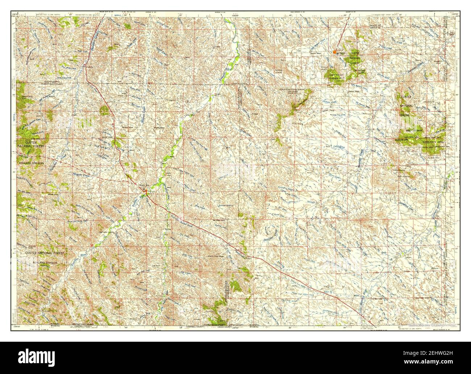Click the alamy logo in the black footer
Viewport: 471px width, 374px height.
[x=36, y=358]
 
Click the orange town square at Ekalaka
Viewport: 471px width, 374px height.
[x=334, y=52]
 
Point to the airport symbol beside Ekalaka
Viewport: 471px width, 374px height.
[x=338, y=53]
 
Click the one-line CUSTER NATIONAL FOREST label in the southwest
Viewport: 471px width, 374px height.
[x=45, y=252]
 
